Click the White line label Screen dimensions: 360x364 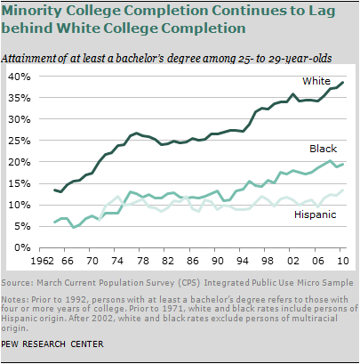coord(316,81)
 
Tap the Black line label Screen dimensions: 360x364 coord(323,149)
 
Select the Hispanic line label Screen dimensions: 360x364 coord(315,214)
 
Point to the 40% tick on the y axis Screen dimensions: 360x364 coord(20,77)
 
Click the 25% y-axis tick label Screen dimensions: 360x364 coord(20,141)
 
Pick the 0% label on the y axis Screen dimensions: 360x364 coord(22,247)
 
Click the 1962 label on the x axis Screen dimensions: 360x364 coord(44,261)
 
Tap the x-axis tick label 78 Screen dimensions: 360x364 coord(143,261)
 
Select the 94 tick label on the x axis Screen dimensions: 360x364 coord(243,261)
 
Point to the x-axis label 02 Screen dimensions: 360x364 coord(292,261)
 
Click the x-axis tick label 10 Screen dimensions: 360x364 coord(342,261)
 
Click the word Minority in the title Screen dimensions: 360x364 coord(32,12)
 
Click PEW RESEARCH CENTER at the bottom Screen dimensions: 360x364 coord(52,344)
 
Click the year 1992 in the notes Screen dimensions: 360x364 coord(76,299)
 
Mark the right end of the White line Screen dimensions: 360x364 coord(343,83)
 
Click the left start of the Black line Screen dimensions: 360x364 coord(54,222)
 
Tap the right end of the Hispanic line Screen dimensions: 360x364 coord(343,190)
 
